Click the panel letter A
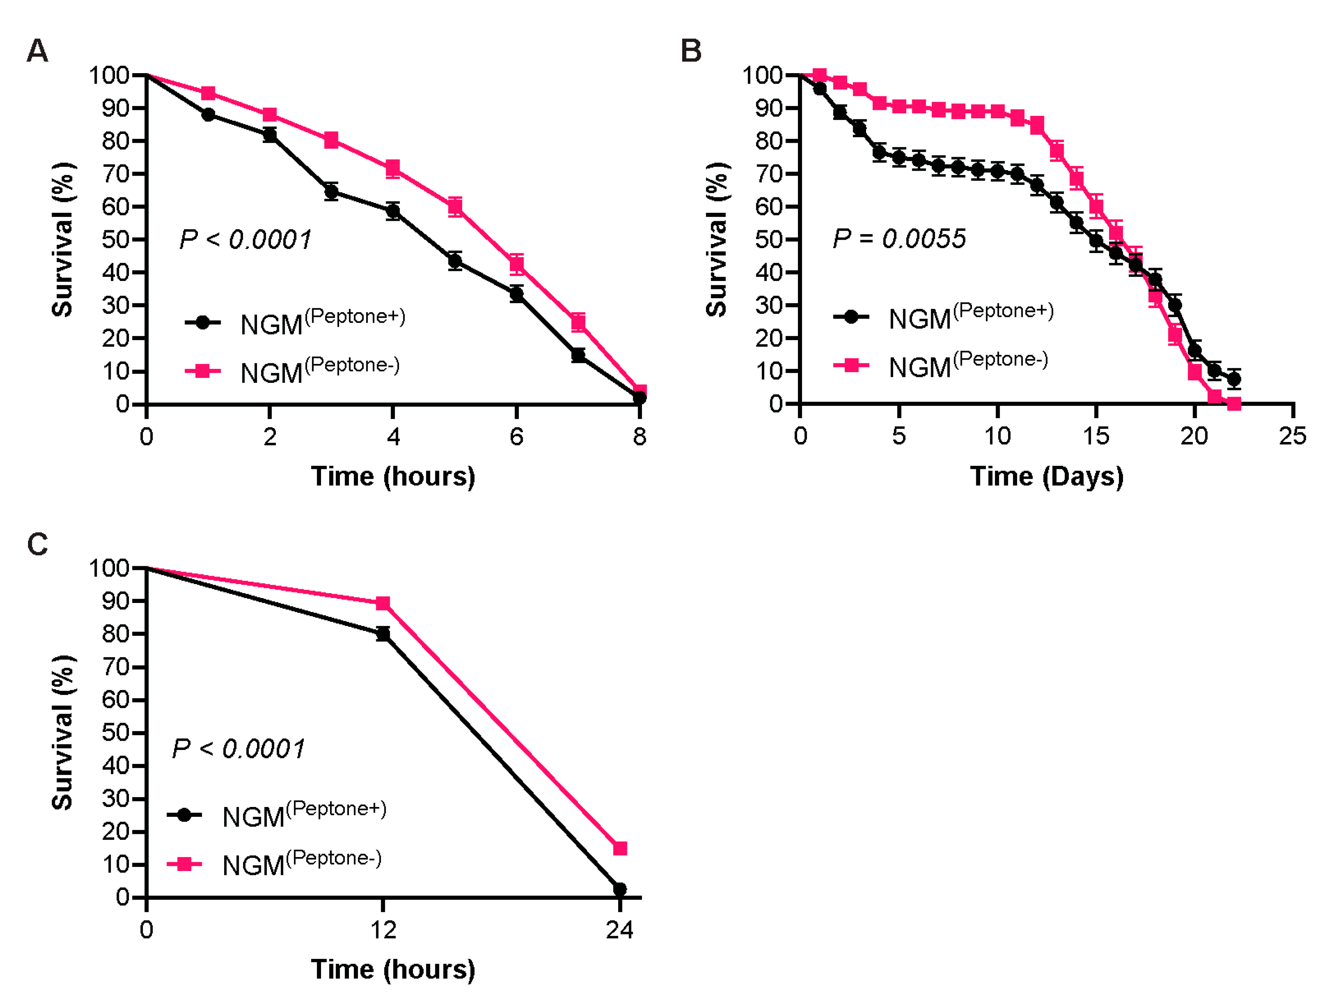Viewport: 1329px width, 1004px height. point(37,51)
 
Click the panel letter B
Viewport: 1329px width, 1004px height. point(691,51)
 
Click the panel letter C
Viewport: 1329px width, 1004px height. point(37,544)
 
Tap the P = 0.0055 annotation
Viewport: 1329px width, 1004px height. point(899,239)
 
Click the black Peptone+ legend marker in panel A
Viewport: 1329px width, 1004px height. point(202,323)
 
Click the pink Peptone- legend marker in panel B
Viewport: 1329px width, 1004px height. point(851,365)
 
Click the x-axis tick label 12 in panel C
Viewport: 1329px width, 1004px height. point(383,930)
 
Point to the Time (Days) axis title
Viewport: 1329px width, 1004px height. point(1046,477)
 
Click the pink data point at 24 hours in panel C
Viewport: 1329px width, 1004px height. point(620,848)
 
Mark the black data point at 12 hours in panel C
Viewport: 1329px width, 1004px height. point(383,634)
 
